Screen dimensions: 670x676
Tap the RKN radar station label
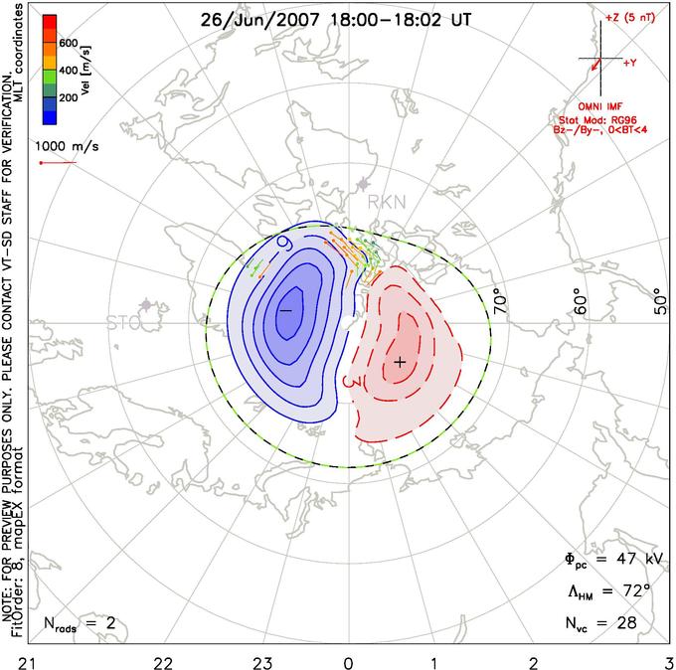point(387,203)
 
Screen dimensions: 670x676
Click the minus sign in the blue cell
point(285,311)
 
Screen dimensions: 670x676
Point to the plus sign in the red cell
point(400,362)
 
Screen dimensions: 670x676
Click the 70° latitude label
point(500,300)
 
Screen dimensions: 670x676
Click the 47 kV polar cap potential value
point(624,560)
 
